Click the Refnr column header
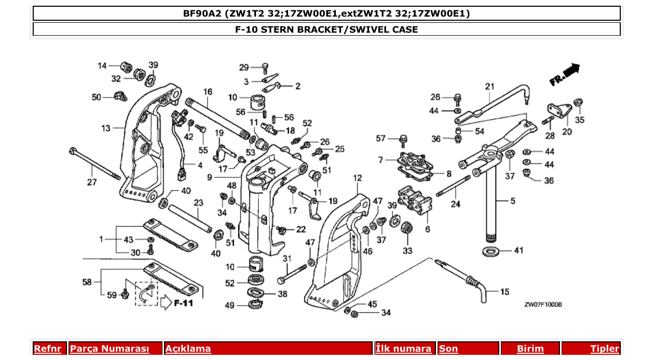(x=47, y=349)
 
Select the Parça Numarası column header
(x=110, y=349)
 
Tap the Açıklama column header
(x=188, y=349)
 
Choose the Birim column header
(x=530, y=349)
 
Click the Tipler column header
(x=605, y=349)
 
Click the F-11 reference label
(x=183, y=302)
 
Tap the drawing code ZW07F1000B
(x=543, y=305)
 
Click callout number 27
(x=91, y=182)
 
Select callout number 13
(x=106, y=128)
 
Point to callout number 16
(x=208, y=92)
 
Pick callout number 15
(x=505, y=292)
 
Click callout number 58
(x=88, y=282)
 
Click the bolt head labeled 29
(x=265, y=67)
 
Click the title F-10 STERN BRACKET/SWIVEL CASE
(x=326, y=29)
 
